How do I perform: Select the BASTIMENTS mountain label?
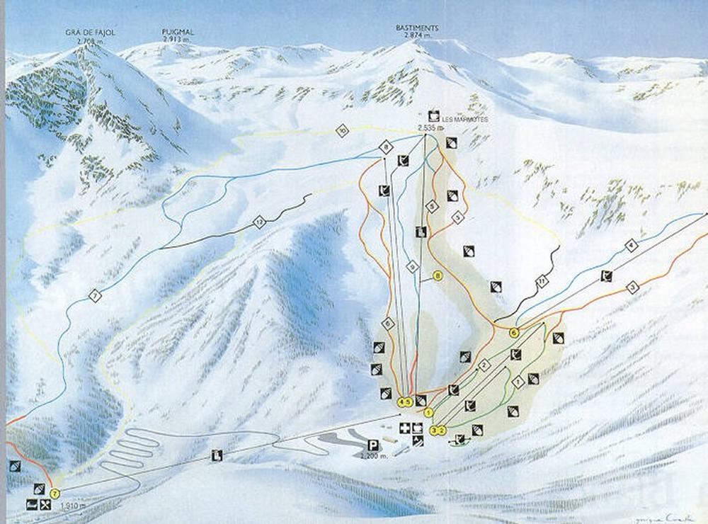417,28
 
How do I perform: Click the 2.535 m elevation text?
430,128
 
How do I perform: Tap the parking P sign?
372,445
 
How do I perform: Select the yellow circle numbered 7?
55,494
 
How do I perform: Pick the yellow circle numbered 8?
438,275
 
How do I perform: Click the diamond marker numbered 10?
343,131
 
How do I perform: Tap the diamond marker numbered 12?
259,223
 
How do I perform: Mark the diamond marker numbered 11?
542,283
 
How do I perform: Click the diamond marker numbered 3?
633,287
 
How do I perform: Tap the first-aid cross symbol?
405,428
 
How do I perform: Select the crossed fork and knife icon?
45,505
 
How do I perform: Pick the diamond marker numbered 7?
95,296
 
